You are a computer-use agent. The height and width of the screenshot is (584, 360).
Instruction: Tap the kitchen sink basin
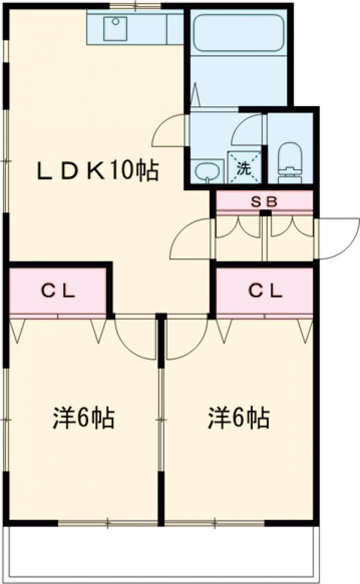coord(115,28)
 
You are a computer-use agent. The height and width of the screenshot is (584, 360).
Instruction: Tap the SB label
coord(264,201)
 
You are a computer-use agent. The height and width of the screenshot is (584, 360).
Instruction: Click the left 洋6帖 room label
coord(83,417)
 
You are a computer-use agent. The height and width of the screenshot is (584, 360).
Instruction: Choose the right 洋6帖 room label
coord(238,417)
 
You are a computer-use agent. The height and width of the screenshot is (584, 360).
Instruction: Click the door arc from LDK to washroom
coord(169,131)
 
